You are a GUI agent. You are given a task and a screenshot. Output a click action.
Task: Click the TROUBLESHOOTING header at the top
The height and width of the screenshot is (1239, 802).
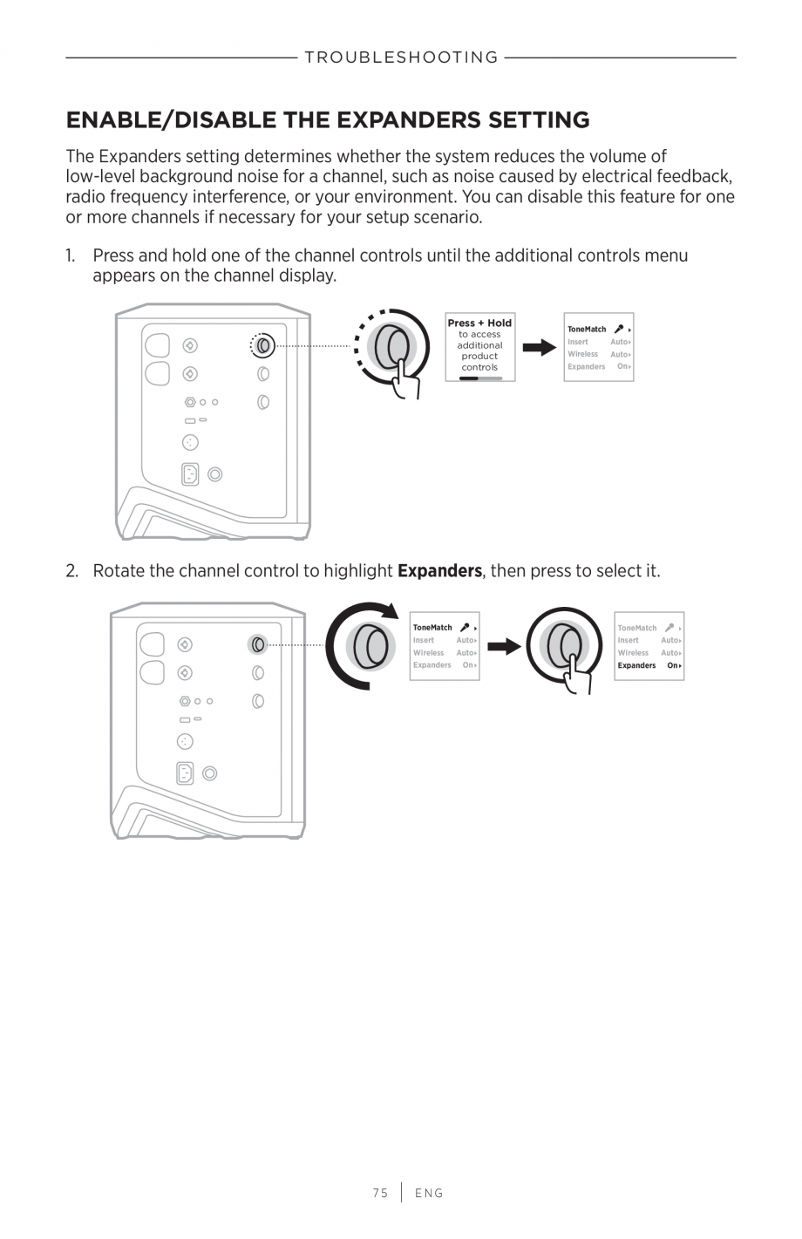point(401,58)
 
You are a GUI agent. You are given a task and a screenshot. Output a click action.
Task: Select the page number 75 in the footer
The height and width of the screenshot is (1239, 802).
point(380,1193)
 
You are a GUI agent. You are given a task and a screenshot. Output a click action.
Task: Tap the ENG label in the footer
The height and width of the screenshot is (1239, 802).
point(429,1193)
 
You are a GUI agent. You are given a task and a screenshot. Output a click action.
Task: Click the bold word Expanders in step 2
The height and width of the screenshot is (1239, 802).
point(439,571)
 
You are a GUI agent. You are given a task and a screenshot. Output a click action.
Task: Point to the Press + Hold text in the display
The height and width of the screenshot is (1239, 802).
point(479,323)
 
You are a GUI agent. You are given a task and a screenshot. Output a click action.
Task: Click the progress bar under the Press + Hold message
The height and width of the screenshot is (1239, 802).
point(480,378)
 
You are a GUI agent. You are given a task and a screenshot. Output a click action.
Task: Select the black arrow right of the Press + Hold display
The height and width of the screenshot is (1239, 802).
point(540,348)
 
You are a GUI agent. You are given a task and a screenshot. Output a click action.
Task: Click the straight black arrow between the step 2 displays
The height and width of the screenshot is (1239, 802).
point(504,646)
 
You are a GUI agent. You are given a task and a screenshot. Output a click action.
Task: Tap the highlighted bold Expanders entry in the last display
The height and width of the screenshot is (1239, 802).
point(637,665)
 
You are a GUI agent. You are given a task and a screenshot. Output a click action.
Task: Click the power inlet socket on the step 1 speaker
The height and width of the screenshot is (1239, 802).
point(190,473)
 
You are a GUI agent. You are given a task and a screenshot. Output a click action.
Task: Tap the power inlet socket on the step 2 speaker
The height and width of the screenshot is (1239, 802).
point(185,773)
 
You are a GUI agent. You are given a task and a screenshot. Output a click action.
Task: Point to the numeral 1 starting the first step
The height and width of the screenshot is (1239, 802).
point(70,255)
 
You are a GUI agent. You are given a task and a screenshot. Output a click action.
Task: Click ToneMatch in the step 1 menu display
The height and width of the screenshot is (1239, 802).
point(587,330)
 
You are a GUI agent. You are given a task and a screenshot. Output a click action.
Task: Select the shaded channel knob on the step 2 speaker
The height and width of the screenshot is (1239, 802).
point(257,644)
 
